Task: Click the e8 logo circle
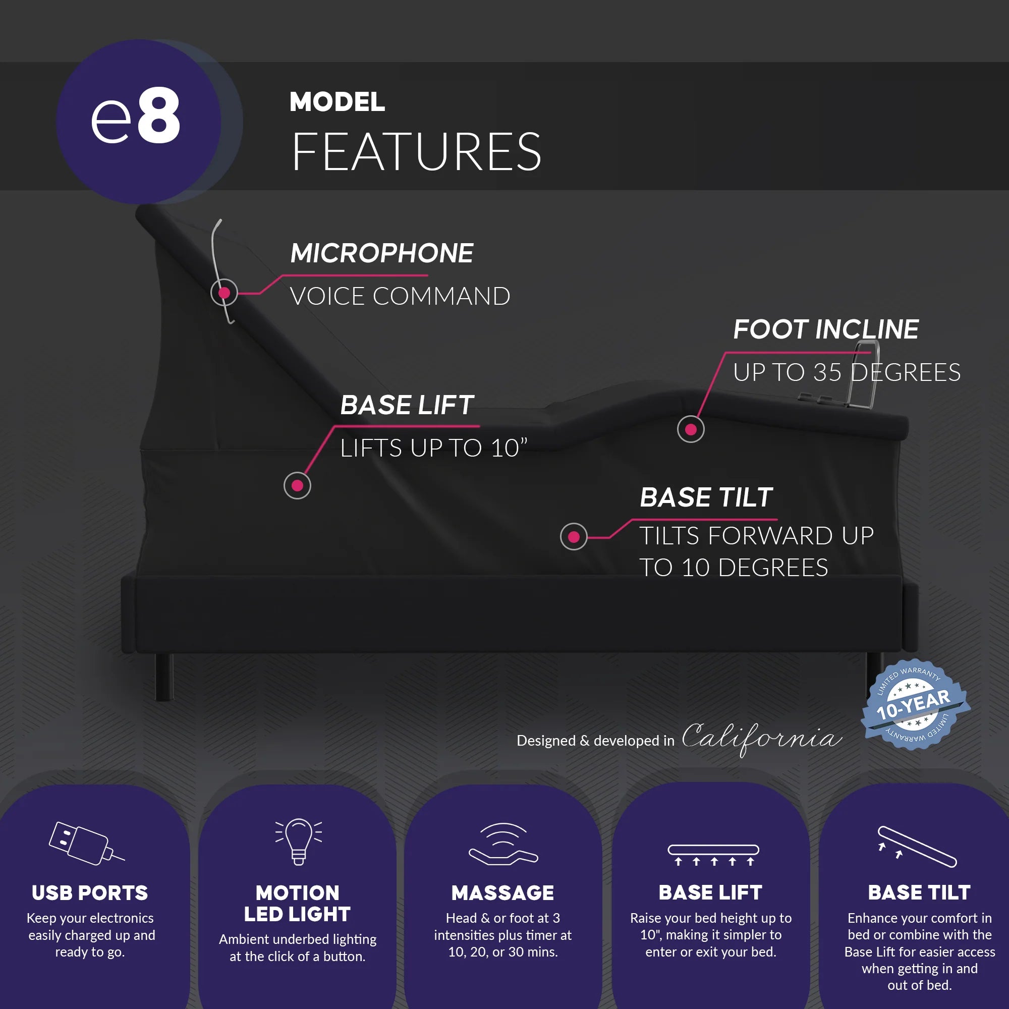pyautogui.click(x=138, y=121)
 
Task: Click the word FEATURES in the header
pyautogui.click(x=416, y=152)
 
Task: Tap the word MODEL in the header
pyautogui.click(x=337, y=102)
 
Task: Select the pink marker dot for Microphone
pyautogui.click(x=224, y=293)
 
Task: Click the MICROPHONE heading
pyautogui.click(x=382, y=253)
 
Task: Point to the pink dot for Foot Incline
pyautogui.click(x=691, y=429)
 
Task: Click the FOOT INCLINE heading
pyautogui.click(x=826, y=329)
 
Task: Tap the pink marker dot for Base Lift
pyautogui.click(x=297, y=486)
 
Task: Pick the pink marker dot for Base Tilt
pyautogui.click(x=574, y=537)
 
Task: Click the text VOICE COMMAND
pyautogui.click(x=400, y=297)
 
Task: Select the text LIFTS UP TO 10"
pyautogui.click(x=433, y=448)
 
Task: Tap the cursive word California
pyautogui.click(x=761, y=738)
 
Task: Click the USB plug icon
pyautogui.click(x=86, y=844)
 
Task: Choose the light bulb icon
pyautogui.click(x=298, y=842)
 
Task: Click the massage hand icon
pyautogui.click(x=503, y=845)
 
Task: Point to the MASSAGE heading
pyautogui.click(x=502, y=893)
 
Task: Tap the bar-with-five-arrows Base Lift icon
pyautogui.click(x=713, y=855)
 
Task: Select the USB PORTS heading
pyautogui.click(x=90, y=893)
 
